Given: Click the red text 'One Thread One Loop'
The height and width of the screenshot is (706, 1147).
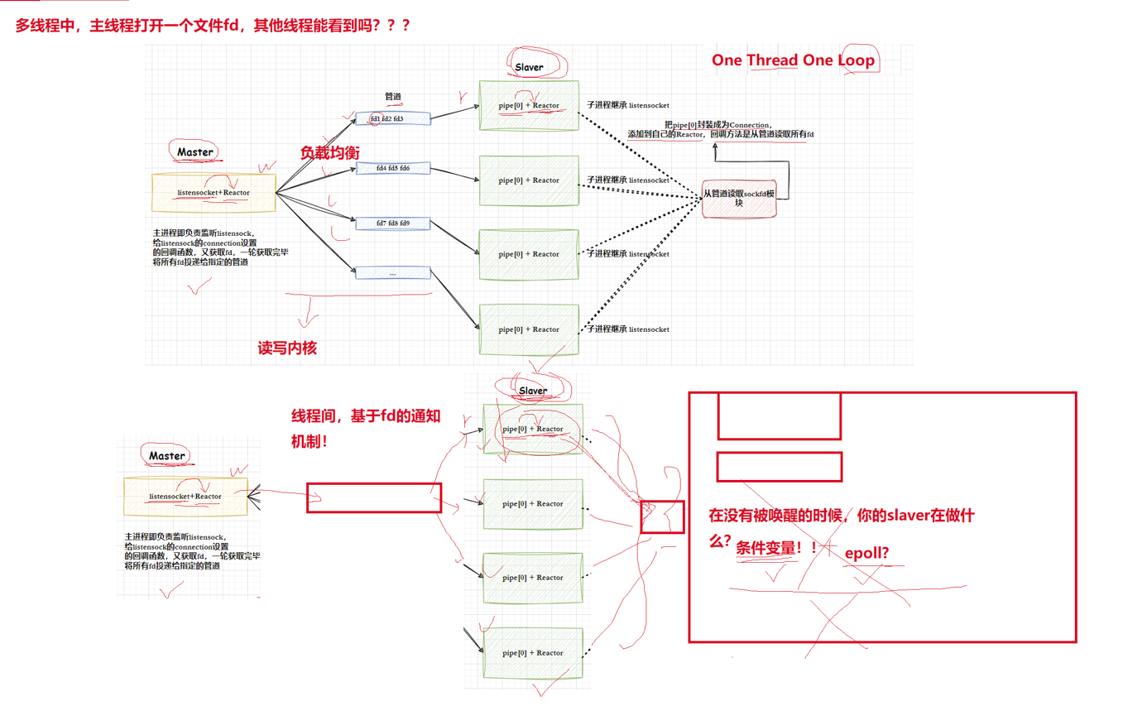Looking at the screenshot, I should tap(793, 60).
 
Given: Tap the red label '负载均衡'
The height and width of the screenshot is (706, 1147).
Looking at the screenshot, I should tap(329, 152).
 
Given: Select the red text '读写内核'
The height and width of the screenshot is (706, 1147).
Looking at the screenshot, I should tap(287, 349).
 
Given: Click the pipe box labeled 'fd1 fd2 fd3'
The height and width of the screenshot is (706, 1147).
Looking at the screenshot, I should tap(392, 118).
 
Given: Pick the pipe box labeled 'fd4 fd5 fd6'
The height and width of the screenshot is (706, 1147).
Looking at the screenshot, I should tap(392, 168).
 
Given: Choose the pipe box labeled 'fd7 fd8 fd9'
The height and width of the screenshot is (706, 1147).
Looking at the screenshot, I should tap(392, 223).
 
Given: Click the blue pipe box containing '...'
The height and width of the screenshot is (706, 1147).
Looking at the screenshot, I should tap(392, 272).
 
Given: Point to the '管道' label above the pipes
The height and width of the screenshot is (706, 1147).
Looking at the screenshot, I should tap(393, 97).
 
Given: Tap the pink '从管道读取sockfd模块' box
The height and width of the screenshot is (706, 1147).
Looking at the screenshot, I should tap(740, 198).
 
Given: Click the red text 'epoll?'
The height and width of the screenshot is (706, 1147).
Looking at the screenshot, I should tap(867, 555).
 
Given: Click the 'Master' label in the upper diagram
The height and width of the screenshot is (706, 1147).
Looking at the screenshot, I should tap(195, 152).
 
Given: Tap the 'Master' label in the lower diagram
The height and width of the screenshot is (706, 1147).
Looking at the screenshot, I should tap(167, 455).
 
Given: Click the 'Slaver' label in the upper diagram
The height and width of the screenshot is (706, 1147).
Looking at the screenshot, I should tap(530, 67).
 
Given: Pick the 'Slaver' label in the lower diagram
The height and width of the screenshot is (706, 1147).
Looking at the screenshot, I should tap(533, 391).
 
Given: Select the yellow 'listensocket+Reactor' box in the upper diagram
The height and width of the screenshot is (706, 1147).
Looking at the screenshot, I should tap(214, 193).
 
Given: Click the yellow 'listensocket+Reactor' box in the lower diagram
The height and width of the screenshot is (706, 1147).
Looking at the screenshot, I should tap(185, 497).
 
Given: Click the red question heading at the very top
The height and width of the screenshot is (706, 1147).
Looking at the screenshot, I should tap(213, 26).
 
